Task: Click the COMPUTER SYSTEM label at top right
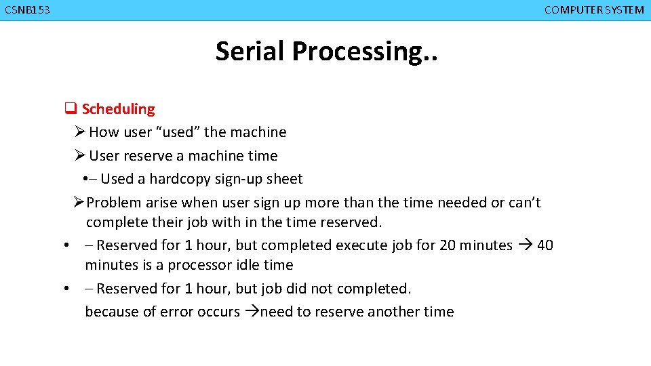pos(594,9)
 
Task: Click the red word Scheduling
pos(118,109)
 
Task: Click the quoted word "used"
pos(178,132)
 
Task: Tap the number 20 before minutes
pos(448,245)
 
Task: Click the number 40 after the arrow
pos(545,245)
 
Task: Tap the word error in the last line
pos(175,312)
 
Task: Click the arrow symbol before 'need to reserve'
pos(252,312)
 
